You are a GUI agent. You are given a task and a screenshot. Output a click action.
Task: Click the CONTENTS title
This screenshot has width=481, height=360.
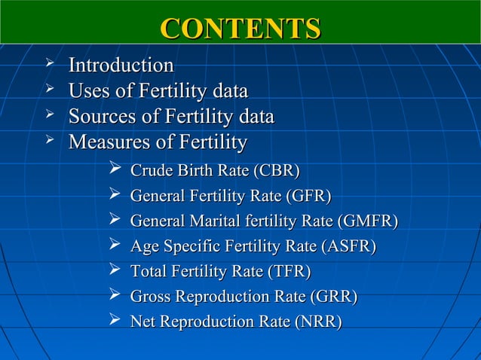(240, 28)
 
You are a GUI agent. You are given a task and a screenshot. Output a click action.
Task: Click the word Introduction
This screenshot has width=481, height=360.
(121, 66)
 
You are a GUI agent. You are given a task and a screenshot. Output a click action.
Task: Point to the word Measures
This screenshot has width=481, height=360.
(108, 142)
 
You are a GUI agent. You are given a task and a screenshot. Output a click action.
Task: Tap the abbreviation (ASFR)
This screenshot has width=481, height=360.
(348, 246)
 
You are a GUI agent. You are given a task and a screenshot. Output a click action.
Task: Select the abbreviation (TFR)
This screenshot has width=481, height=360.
(287, 272)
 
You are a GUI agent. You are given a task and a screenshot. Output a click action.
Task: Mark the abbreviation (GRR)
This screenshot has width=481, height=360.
(332, 297)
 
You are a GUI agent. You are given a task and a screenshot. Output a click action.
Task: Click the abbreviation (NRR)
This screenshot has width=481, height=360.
(318, 322)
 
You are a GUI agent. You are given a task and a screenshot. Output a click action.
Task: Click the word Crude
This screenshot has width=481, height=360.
(149, 170)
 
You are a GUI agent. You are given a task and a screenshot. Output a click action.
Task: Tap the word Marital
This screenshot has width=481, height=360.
(205, 221)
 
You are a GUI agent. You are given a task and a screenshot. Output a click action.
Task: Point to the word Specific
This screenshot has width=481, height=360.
(185, 246)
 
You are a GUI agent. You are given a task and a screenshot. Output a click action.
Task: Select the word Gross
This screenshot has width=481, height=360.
(150, 297)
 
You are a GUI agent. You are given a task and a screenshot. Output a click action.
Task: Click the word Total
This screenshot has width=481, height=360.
(148, 272)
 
